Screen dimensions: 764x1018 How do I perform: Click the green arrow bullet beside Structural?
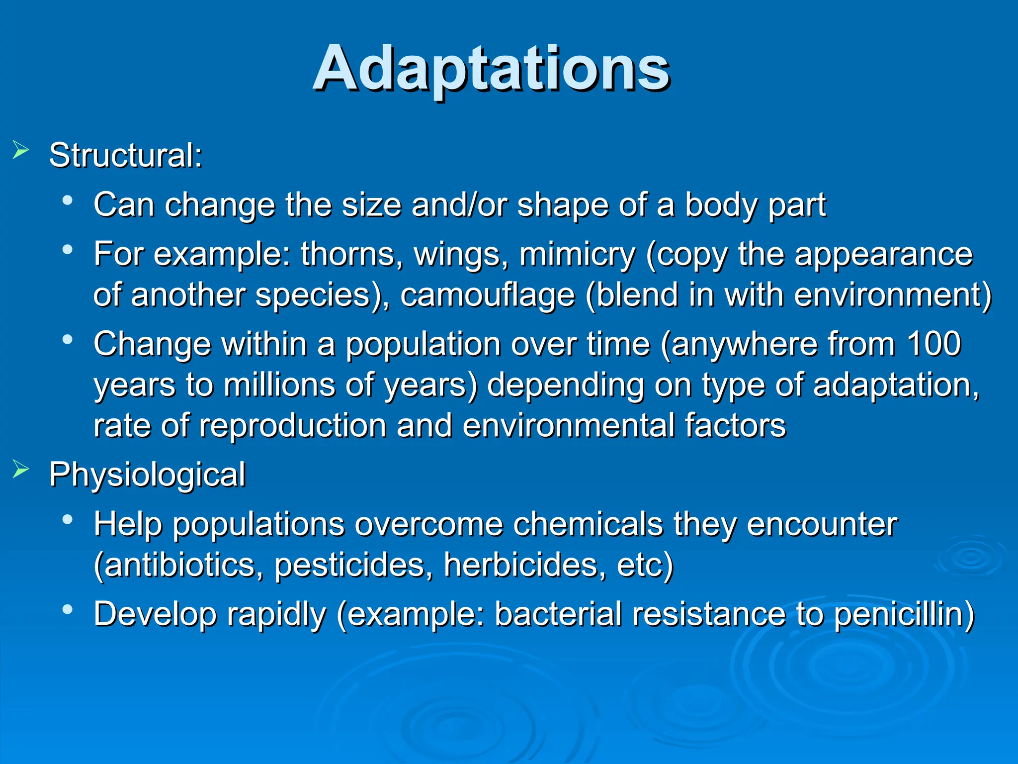[20, 149]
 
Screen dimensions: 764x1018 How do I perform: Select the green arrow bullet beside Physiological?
[20, 469]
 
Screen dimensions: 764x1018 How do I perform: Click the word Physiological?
[147, 475]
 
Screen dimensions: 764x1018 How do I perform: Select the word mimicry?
[577, 255]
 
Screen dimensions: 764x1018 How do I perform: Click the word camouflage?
[487, 295]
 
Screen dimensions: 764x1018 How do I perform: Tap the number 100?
[933, 344]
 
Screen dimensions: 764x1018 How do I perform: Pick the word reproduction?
[293, 426]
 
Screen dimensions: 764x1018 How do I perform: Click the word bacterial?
[558, 614]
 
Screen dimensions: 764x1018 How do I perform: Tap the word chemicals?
[588, 524]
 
